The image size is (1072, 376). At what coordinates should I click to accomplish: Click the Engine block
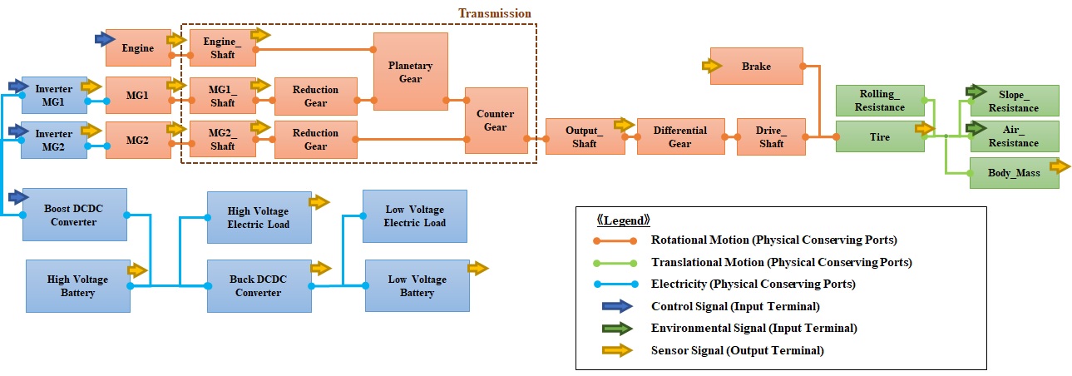pyautogui.click(x=138, y=48)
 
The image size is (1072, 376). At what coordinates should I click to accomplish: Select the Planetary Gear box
pyautogui.click(x=411, y=72)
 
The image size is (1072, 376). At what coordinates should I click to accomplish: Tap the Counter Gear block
pyautogui.click(x=496, y=121)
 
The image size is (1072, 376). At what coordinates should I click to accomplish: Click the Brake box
pyautogui.click(x=756, y=67)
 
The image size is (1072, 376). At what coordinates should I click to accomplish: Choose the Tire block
pyautogui.click(x=879, y=136)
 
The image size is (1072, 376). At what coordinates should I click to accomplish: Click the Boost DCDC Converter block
pyautogui.click(x=75, y=215)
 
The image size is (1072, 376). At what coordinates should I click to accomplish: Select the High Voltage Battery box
pyautogui.click(x=77, y=285)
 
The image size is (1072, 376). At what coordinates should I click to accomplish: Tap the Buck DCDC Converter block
pyautogui.click(x=258, y=285)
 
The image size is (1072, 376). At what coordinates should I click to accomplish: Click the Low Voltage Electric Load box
pyautogui.click(x=415, y=216)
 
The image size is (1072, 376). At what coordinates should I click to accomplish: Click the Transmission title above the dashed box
pyautogui.click(x=494, y=13)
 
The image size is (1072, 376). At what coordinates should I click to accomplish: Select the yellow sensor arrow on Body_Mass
pyautogui.click(x=1060, y=166)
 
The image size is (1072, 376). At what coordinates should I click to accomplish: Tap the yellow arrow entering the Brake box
pyautogui.click(x=713, y=65)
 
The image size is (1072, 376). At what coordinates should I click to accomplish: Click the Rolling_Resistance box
pyautogui.click(x=879, y=100)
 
